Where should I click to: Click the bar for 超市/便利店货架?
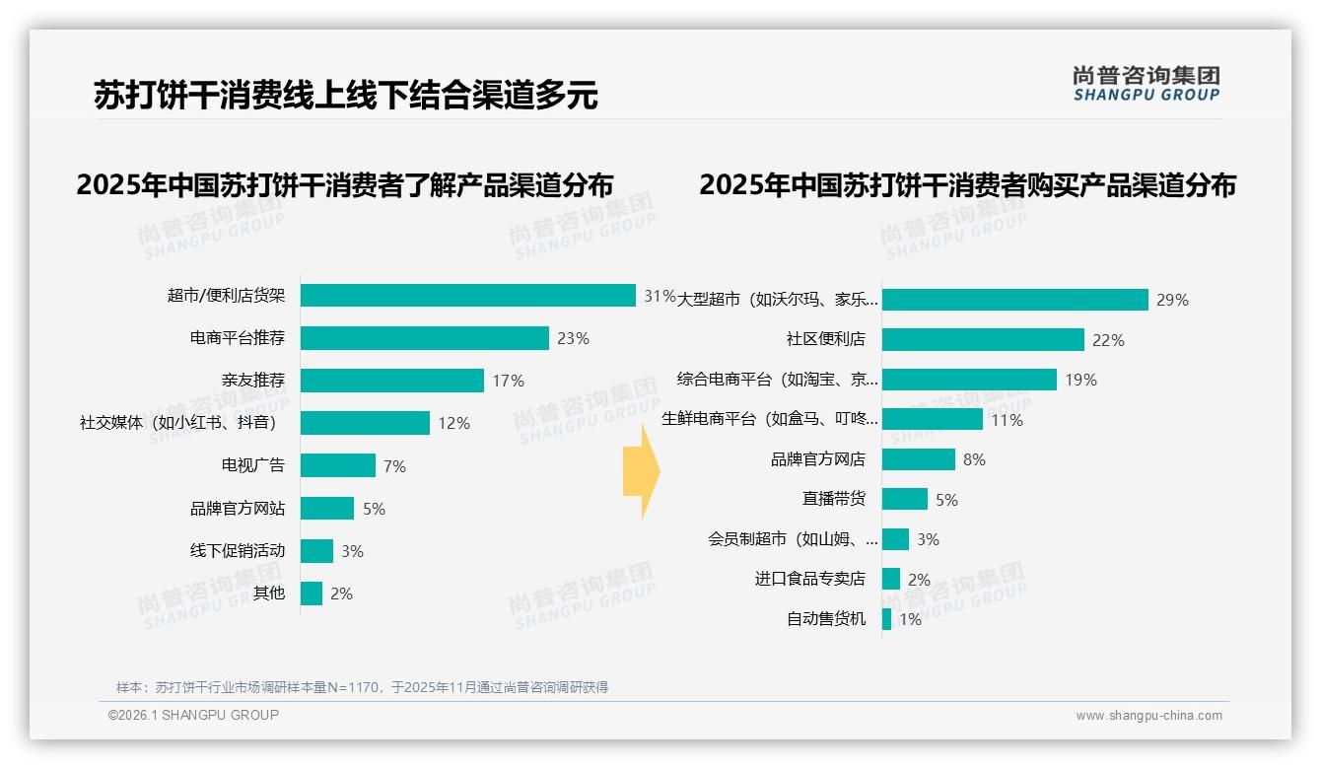pyautogui.click(x=467, y=296)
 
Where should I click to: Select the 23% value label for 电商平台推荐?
pyautogui.click(x=573, y=338)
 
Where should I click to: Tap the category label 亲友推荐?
pyautogui.click(x=253, y=381)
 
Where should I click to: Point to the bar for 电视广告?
pyautogui.click(x=338, y=465)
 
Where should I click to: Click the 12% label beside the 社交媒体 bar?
pyautogui.click(x=453, y=423)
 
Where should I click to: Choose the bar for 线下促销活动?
pyautogui.click(x=316, y=551)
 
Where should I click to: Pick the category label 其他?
pyautogui.click(x=268, y=594)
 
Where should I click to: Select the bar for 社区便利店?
pyautogui.click(x=983, y=340)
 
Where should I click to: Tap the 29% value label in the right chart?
pyautogui.click(x=1172, y=300)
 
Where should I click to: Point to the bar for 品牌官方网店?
pyautogui.click(x=918, y=459)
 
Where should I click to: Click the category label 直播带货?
pyautogui.click(x=833, y=500)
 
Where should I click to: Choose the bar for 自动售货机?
pyautogui.click(x=886, y=619)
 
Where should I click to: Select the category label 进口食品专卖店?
pyautogui.click(x=809, y=580)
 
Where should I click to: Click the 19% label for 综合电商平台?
pyautogui.click(x=1080, y=380)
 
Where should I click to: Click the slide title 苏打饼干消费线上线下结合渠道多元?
pyautogui.click(x=345, y=95)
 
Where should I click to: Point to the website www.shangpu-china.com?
pyautogui.click(x=1148, y=716)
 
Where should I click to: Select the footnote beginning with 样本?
pyautogui.click(x=362, y=687)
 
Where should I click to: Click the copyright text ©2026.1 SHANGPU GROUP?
pyautogui.click(x=193, y=715)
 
